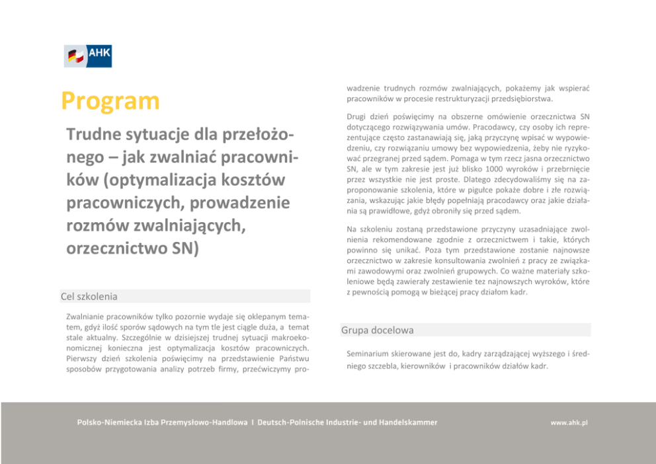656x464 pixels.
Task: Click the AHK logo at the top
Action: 88,56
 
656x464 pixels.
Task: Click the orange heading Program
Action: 110,101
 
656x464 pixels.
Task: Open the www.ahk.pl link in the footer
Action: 569,422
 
